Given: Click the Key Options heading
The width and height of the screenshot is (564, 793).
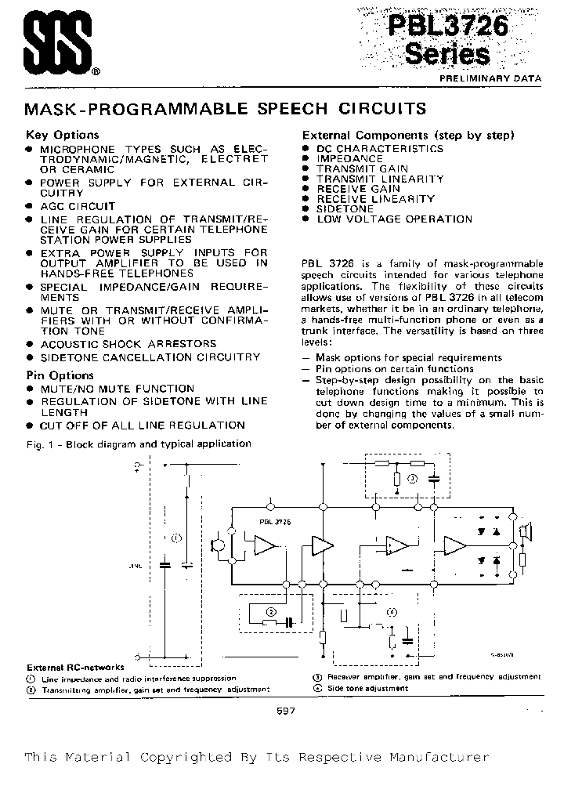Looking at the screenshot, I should [63, 134].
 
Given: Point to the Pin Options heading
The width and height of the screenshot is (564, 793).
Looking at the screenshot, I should [60, 375].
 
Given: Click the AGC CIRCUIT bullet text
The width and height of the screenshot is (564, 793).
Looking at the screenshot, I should [78, 206].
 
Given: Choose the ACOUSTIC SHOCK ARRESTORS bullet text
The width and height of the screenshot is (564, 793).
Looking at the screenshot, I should [128, 344].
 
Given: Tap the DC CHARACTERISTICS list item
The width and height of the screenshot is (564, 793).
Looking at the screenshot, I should [379, 148].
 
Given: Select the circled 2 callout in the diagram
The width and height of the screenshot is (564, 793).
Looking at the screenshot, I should [271, 611].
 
